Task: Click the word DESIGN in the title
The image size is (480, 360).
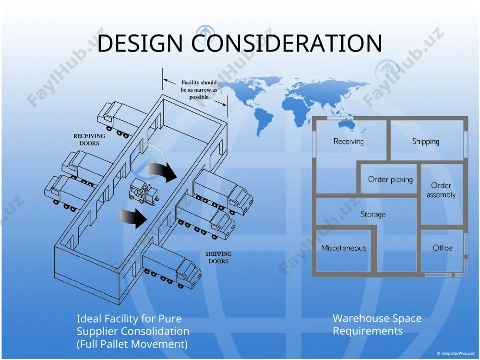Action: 140,43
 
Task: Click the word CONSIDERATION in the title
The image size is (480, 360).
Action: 287,43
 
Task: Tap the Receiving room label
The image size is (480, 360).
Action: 348,142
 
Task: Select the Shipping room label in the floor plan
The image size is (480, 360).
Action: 425,142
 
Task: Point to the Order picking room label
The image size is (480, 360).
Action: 390,180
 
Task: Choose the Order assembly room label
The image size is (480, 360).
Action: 441,190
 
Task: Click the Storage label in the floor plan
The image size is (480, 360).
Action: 373,214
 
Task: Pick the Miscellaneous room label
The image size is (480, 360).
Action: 344,248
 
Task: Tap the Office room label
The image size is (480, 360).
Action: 443,248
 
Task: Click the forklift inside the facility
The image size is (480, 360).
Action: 143,192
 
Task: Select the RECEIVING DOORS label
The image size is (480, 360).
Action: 89,140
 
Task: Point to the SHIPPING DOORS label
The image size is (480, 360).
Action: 218,257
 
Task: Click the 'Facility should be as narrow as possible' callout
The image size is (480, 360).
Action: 199,90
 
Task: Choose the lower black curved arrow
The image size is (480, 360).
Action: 134,216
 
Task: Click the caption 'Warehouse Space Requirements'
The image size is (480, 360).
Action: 377,324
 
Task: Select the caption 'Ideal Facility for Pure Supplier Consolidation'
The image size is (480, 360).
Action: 133,325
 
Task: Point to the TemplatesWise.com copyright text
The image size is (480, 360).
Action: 456,353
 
